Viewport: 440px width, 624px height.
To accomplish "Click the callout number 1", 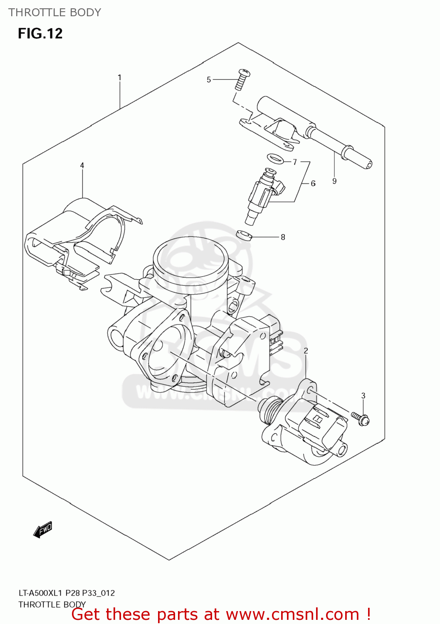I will coord(119,77).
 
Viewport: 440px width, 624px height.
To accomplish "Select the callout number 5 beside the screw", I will coord(209,79).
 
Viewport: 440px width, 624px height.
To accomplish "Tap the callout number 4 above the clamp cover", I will coord(82,165).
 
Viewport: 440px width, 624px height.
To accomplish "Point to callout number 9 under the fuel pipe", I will coord(334,181).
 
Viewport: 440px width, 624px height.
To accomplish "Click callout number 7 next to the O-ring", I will coord(295,162).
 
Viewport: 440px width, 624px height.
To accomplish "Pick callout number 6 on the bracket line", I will coord(313,183).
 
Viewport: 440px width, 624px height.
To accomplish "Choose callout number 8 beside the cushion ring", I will coord(283,237).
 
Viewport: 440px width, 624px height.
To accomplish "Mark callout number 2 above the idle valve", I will coord(306,351).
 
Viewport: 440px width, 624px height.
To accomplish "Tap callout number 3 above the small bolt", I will coord(363,396).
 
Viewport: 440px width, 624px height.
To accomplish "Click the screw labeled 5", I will coord(242,79).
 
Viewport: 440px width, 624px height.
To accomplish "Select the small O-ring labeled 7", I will coord(274,158).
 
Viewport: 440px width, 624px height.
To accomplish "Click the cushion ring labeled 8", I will coord(244,235).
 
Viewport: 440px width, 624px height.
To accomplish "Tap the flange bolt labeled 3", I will coord(360,418).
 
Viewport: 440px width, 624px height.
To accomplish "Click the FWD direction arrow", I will coord(43,530).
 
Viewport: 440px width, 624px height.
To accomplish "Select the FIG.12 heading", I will coord(40,33).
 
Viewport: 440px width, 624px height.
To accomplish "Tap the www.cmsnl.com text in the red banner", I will coord(292,614).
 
